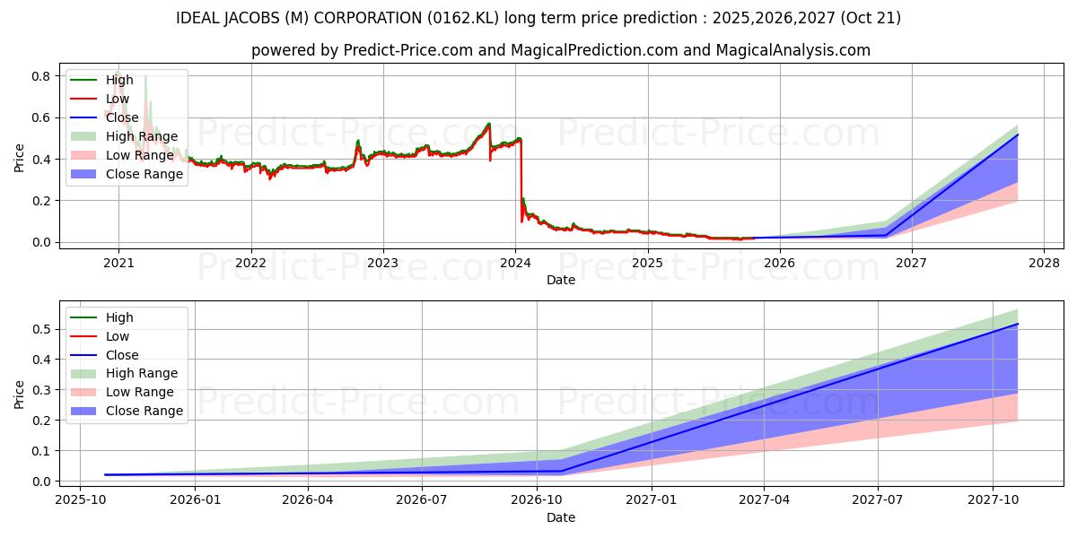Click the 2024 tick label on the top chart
click(x=515, y=262)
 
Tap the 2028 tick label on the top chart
click(x=1044, y=262)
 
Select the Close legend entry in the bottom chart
click(x=123, y=355)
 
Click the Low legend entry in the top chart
click(x=118, y=99)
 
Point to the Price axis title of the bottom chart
click(x=20, y=394)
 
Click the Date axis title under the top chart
click(x=561, y=280)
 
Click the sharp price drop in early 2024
click(x=521, y=179)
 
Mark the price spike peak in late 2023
click(x=489, y=124)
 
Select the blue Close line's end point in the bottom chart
click(x=1018, y=324)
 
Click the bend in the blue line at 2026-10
click(x=562, y=471)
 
